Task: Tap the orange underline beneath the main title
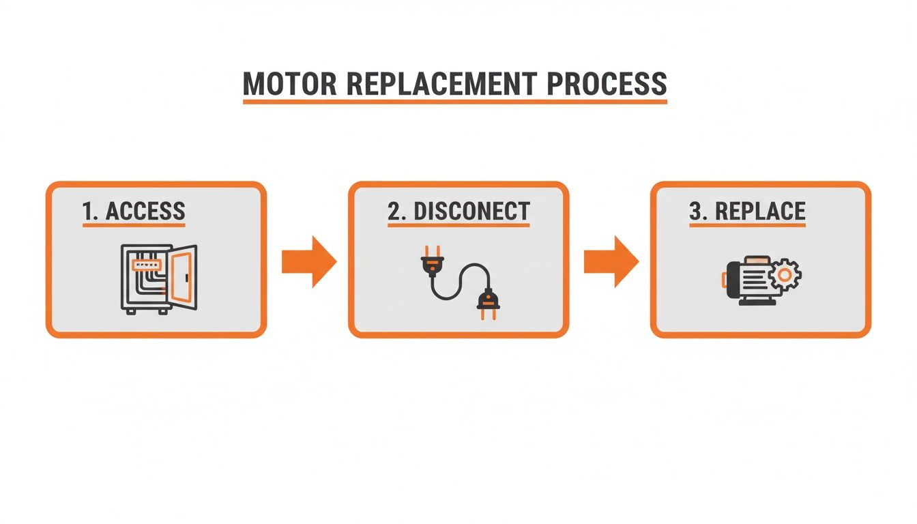455,102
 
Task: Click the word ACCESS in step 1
145,211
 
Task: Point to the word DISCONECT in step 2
471,211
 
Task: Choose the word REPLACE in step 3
760,211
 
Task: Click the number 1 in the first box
87,211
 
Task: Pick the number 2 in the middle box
394,211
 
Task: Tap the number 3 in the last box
696,211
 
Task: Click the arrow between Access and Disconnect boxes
308,261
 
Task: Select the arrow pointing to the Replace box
611,261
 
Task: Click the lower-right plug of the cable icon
486,303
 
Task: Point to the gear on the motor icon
785,276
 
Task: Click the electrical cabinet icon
158,278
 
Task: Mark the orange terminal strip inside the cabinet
145,261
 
